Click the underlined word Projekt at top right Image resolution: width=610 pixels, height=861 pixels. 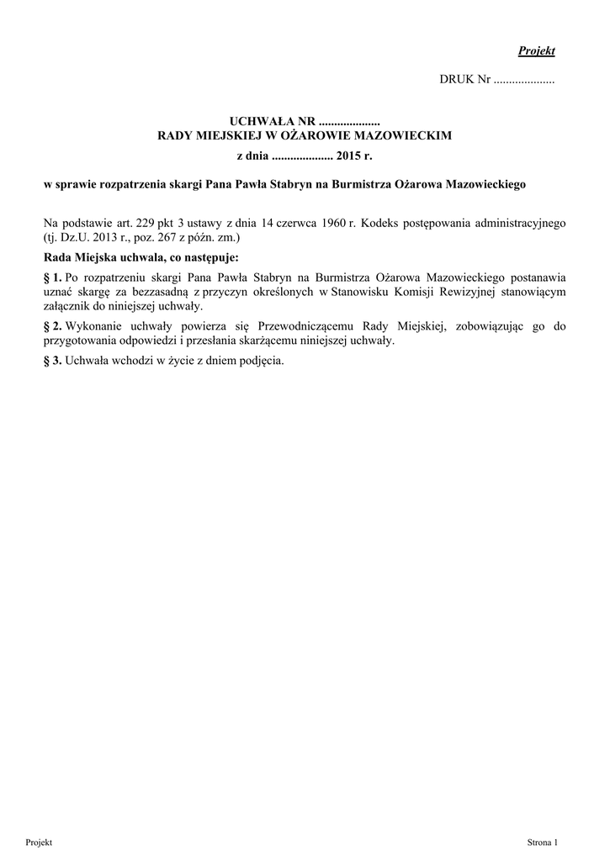[537, 51]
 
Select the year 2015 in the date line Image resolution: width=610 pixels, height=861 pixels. [349, 156]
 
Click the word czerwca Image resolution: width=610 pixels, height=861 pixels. [306, 224]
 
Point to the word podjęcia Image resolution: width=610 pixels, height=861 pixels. [263, 362]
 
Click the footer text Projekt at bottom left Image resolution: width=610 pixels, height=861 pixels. [40, 842]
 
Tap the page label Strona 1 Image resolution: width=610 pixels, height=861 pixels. [542, 842]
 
